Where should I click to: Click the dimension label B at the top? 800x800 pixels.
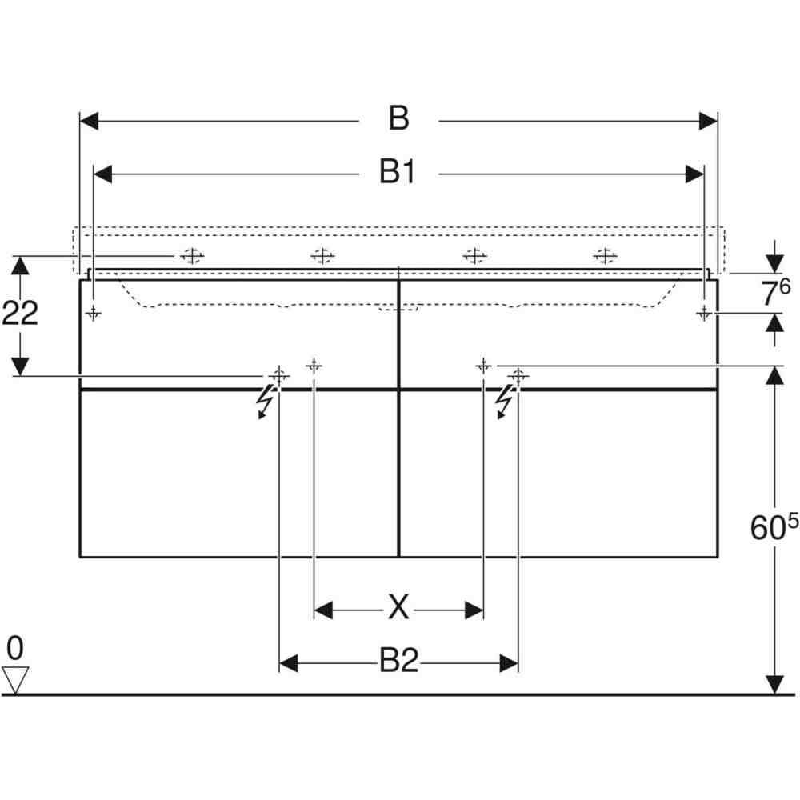click(399, 118)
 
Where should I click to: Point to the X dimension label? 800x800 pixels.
click(398, 607)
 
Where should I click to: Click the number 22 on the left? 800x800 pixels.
click(21, 313)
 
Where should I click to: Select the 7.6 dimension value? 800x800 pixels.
click(775, 292)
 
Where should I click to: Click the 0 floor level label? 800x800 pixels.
click(14, 648)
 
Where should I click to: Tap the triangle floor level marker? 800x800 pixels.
click(14, 679)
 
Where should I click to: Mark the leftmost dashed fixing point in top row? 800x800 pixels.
click(192, 256)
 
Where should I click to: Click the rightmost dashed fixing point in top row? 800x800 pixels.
click(606, 256)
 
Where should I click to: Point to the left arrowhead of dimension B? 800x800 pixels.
click(89, 122)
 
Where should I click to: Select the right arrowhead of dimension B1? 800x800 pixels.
click(695, 174)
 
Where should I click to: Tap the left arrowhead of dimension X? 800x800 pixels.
click(323, 610)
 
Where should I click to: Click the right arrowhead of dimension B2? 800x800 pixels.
click(509, 663)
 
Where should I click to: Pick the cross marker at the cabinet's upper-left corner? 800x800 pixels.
click(94, 313)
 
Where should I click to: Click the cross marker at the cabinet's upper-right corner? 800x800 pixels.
click(704, 313)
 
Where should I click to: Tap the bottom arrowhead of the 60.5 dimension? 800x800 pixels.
click(775, 685)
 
